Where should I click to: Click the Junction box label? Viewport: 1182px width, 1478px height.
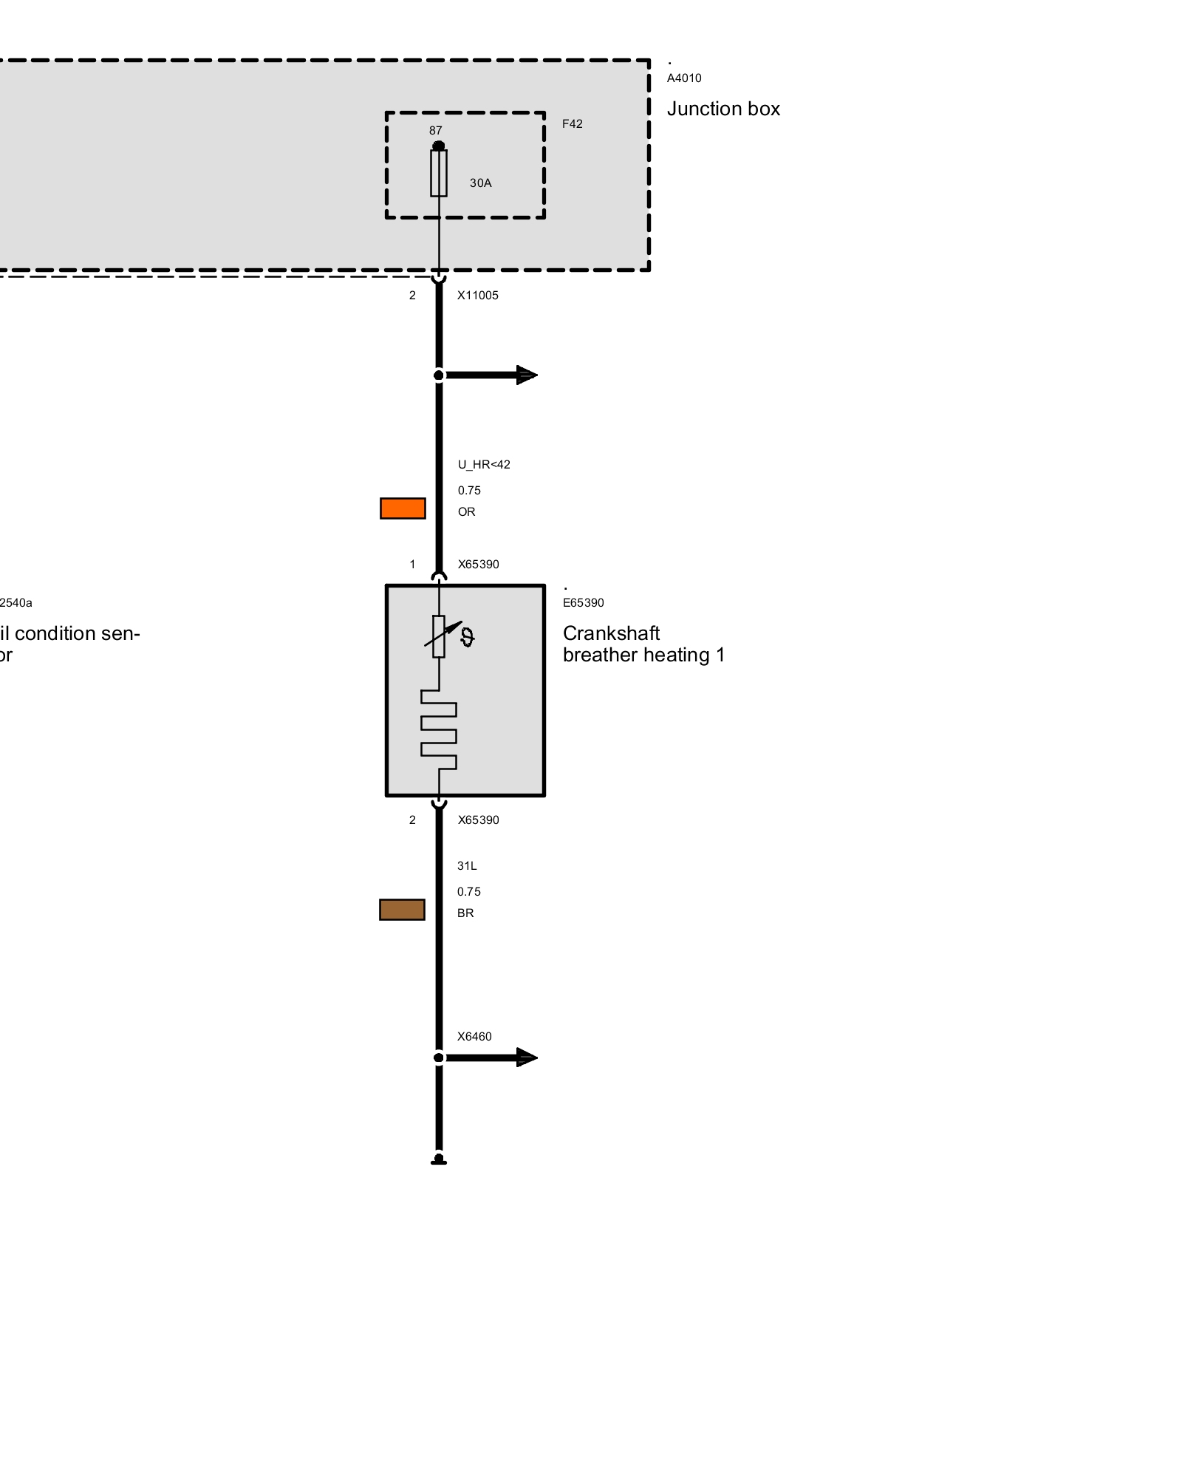coord(722,109)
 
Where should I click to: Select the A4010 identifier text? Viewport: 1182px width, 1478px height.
coord(684,78)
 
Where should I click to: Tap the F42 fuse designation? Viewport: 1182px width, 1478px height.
coord(572,124)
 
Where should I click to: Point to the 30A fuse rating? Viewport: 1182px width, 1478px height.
coord(480,183)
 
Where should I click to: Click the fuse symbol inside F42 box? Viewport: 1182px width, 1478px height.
coord(439,173)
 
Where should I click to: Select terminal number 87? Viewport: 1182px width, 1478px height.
coord(436,131)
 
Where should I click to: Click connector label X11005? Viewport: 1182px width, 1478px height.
coord(477,296)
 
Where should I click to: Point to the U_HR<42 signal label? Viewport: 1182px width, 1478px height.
coord(484,465)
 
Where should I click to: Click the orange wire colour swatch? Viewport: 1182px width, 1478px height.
coord(403,508)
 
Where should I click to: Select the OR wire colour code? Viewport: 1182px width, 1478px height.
coord(466,512)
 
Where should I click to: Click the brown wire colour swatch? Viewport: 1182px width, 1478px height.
coord(402,910)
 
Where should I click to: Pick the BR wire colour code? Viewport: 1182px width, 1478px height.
coord(465,913)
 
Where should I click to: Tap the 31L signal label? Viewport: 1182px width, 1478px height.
coord(467,866)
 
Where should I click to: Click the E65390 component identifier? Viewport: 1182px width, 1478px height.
coord(583,603)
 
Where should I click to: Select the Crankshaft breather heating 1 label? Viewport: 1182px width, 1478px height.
coord(643,644)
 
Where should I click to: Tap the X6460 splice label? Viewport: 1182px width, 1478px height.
coord(474,1037)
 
